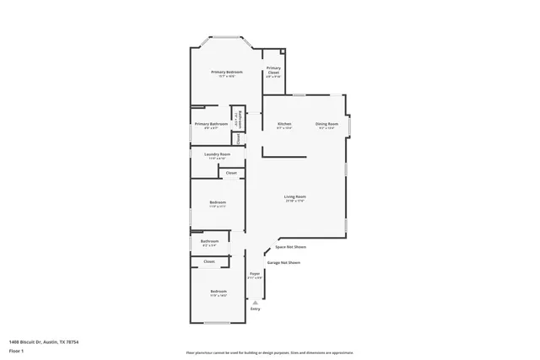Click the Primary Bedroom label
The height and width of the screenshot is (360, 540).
point(227,73)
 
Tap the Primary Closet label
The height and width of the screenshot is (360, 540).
point(273,71)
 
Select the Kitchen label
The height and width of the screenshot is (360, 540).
point(284,125)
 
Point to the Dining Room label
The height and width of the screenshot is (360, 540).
point(327,125)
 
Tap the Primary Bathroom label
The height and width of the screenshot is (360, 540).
point(211,125)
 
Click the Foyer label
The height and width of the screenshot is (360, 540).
point(254,274)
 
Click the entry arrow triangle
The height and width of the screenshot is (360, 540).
point(255,302)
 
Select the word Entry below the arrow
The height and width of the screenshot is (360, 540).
point(255,309)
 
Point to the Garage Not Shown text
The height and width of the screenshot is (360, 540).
point(283,262)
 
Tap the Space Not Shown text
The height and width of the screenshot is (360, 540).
point(290,247)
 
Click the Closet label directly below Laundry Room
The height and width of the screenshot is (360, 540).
point(231,173)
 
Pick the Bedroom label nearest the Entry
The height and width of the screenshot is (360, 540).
point(218,292)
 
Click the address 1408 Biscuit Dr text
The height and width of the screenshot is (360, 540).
point(43,341)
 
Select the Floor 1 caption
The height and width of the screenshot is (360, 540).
point(16,350)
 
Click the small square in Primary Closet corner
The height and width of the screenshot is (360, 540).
point(283,52)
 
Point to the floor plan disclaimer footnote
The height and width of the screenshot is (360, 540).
point(269,352)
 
